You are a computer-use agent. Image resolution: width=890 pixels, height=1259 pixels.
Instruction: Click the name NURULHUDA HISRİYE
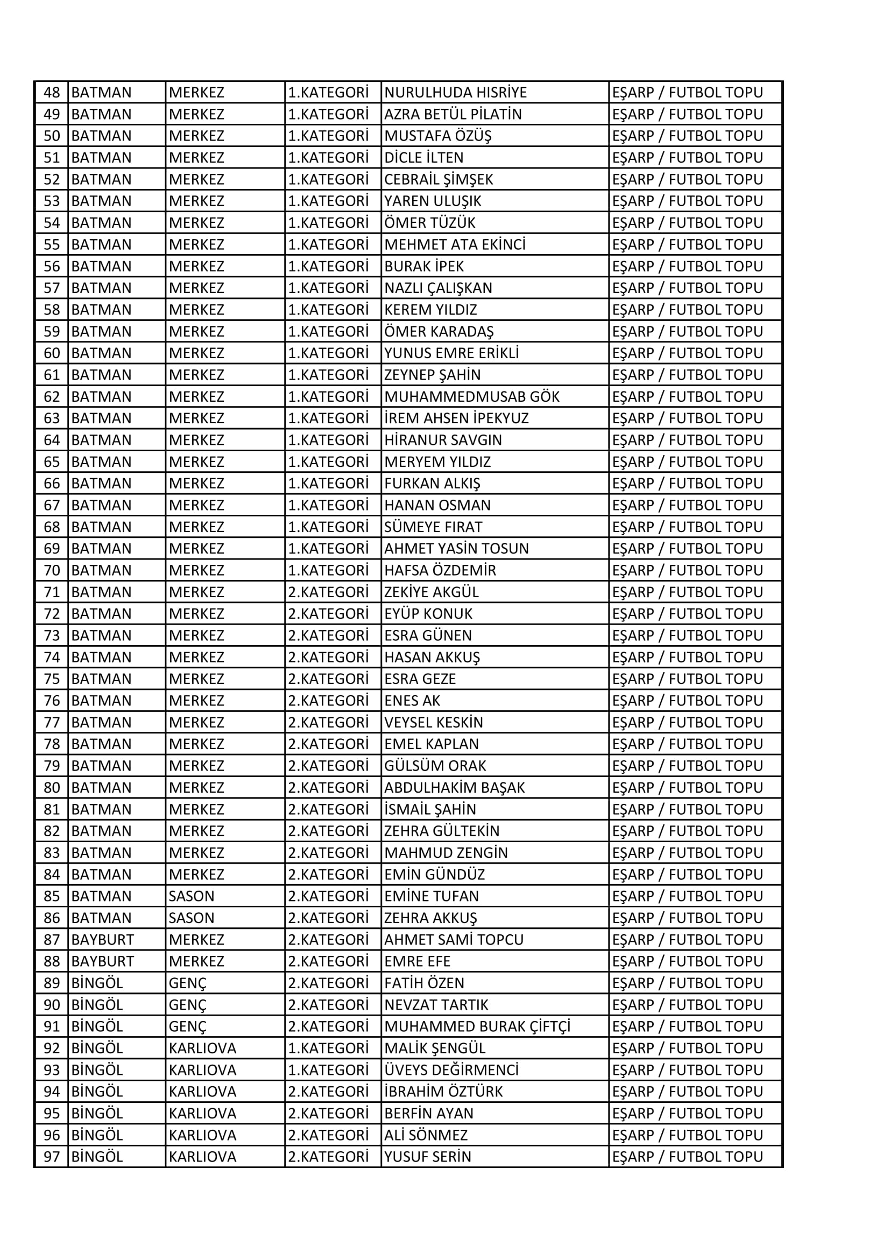click(x=455, y=92)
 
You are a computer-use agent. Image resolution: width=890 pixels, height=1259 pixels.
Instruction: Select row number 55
click(x=52, y=244)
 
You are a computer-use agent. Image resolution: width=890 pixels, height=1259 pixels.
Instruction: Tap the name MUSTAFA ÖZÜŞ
click(x=438, y=136)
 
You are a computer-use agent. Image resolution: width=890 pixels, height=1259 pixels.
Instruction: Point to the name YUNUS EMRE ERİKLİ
click(x=451, y=353)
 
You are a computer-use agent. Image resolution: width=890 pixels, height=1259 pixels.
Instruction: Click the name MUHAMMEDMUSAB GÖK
click(x=472, y=396)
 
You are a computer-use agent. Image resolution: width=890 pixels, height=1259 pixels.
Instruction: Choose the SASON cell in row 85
click(x=191, y=896)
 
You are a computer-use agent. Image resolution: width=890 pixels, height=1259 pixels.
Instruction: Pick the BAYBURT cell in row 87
click(x=102, y=939)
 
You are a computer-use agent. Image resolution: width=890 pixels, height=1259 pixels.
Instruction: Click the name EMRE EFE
click(x=417, y=961)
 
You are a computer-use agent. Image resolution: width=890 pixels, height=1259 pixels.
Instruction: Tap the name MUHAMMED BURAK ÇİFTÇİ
click(x=477, y=1026)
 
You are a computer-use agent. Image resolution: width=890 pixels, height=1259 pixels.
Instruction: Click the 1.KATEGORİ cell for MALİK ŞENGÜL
click(x=328, y=1048)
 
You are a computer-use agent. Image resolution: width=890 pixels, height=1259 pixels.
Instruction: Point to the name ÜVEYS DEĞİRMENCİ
click(x=451, y=1070)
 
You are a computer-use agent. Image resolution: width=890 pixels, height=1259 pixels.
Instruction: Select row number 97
click(x=52, y=1157)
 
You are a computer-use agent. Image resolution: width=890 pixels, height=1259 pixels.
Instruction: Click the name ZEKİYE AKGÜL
click(x=432, y=592)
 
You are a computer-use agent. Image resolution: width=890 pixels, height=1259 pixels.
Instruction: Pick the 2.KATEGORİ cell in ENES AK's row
click(x=328, y=701)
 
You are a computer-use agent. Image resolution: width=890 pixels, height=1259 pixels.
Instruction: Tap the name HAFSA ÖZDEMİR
click(x=440, y=570)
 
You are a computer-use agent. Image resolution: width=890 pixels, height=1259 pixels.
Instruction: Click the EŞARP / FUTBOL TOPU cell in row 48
click(x=687, y=92)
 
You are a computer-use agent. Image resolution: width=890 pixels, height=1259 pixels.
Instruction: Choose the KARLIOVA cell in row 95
click(x=202, y=1113)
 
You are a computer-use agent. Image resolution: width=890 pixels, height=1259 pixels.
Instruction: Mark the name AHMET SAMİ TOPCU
click(x=454, y=939)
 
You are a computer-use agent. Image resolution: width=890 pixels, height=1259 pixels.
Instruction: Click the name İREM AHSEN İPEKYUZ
click(x=456, y=418)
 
